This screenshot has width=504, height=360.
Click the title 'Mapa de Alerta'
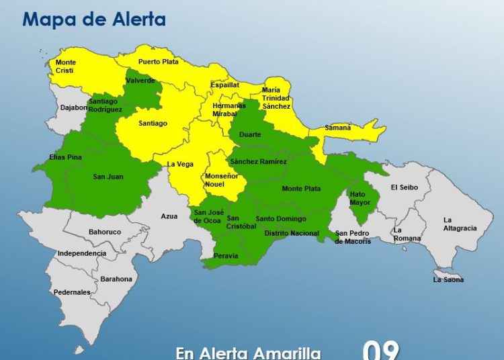[94, 19]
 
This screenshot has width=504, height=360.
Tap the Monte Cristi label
[66, 66]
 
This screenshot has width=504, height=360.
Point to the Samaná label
[338, 128]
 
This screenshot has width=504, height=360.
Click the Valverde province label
[140, 81]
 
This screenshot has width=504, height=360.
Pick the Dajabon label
[74, 107]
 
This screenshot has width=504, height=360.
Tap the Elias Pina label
[65, 157]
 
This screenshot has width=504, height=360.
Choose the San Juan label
[108, 177]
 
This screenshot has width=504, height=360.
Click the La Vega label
[180, 164]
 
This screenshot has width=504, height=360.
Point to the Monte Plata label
[301, 189]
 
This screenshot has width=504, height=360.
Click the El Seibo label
[405, 187]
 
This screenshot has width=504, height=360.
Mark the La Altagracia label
[460, 224]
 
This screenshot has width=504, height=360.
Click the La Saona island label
[448, 279]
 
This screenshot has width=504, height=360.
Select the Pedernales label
[72, 292]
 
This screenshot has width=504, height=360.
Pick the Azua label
[169, 216]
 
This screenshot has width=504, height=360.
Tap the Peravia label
[226, 255]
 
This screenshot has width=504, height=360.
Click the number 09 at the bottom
[381, 350]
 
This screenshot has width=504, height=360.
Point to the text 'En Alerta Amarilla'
[248, 353]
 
